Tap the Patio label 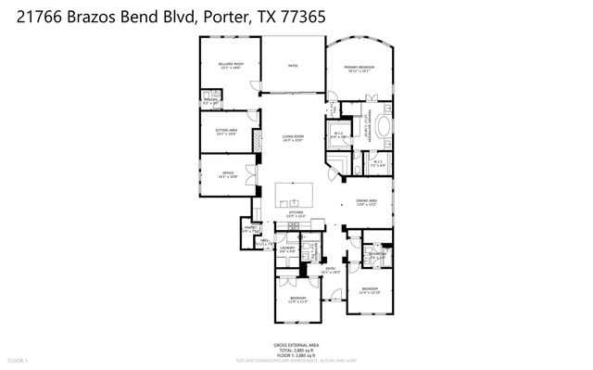pos(292,66)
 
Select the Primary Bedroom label pos(360,68)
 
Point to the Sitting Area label pos(226,132)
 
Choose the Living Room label pos(293,138)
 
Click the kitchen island pos(295,196)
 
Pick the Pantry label pos(250,229)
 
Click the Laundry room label pos(287,249)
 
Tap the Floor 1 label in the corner pos(19,359)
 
